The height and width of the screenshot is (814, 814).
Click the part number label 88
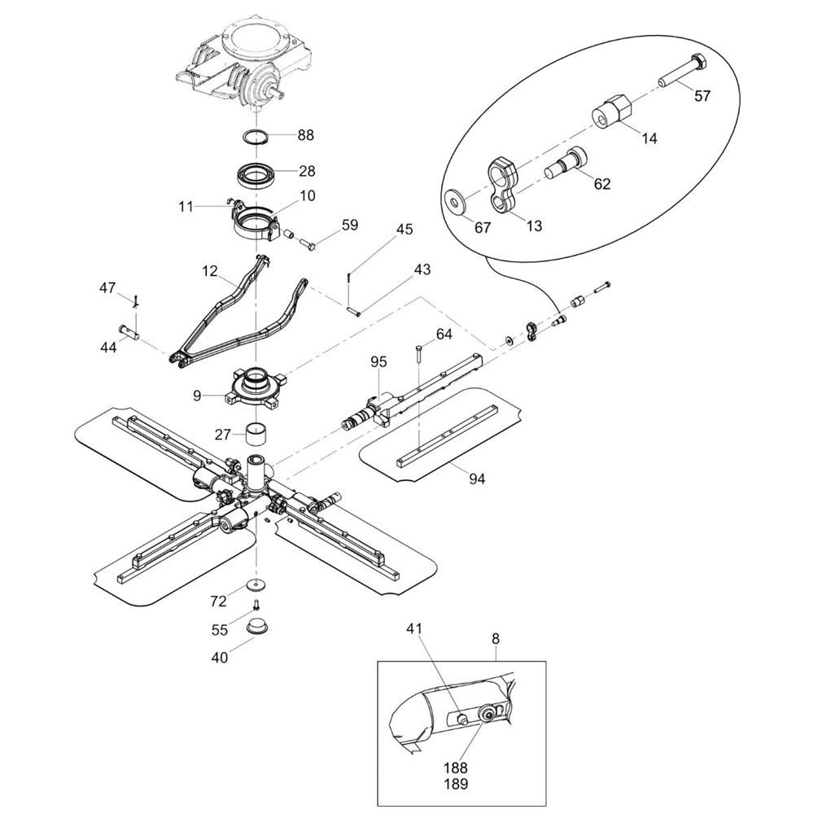[306, 135]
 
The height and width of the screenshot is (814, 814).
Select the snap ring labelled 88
[256, 138]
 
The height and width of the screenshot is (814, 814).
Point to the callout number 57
[702, 95]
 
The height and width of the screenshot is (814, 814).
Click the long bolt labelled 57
[681, 71]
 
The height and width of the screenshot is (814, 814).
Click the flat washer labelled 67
[457, 201]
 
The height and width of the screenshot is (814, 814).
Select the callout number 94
[476, 478]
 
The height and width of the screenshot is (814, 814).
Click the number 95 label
[379, 361]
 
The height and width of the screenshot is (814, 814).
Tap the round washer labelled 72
[256, 584]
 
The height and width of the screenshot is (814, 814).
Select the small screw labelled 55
[256, 605]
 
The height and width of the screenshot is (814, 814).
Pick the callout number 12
[210, 271]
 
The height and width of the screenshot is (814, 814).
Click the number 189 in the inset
[455, 783]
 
